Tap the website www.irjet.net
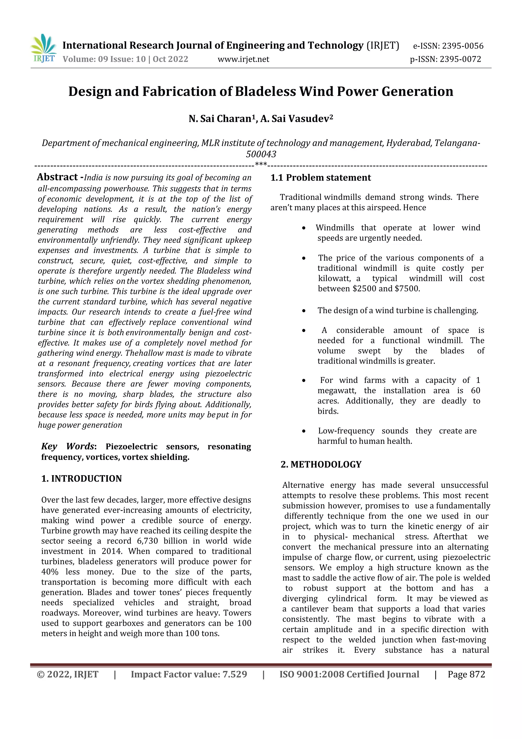click(x=243, y=59)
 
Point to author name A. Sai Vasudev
click(x=296, y=119)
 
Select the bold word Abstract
click(x=57, y=177)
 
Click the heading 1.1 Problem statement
click(x=321, y=178)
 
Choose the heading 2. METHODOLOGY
click(x=321, y=465)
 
